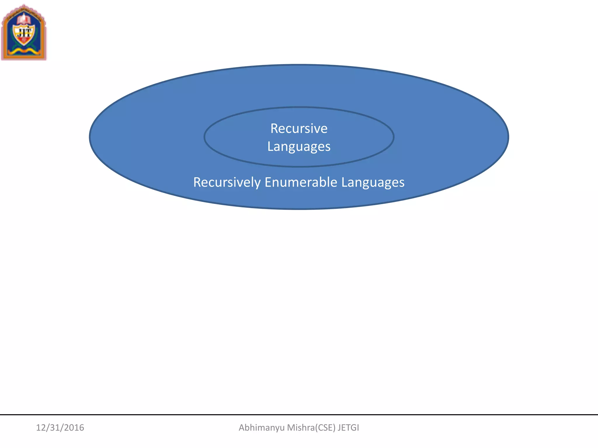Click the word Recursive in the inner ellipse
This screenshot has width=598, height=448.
point(299,128)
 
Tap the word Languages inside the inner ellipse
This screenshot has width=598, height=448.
point(299,146)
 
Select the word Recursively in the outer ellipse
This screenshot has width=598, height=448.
point(227,182)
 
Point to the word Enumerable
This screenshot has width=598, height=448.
point(301,182)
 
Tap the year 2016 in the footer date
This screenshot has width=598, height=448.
point(74,428)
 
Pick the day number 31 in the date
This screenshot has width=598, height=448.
point(54,428)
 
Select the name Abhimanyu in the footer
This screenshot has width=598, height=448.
point(262,428)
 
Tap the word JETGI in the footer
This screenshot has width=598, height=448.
point(348,428)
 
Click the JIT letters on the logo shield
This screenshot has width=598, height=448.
point(24,32)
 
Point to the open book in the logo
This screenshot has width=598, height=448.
point(24,20)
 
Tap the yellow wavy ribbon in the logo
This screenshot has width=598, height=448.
point(24,52)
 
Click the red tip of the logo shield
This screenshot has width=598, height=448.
point(24,41)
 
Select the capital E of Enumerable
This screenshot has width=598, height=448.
point(268,182)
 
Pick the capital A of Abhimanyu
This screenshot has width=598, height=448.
point(242,428)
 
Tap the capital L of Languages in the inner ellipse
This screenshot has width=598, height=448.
point(270,146)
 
